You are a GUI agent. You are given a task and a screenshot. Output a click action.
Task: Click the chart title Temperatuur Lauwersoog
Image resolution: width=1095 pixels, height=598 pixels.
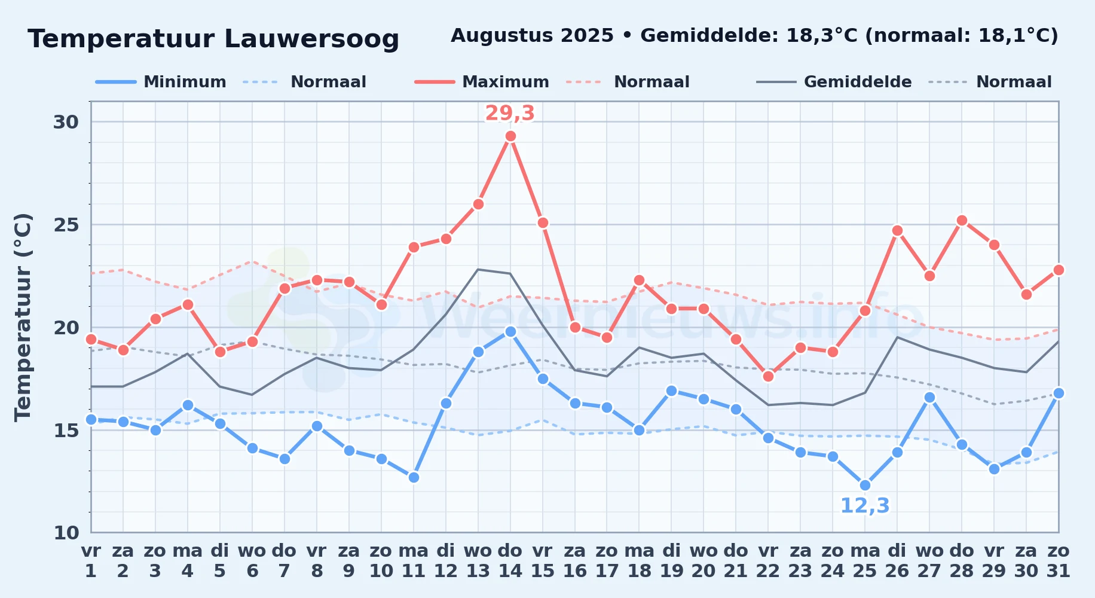click(213, 39)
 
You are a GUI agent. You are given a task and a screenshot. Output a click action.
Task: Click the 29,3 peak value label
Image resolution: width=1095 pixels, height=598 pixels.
click(510, 113)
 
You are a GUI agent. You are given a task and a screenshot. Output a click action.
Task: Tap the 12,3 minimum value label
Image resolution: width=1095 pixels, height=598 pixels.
click(865, 506)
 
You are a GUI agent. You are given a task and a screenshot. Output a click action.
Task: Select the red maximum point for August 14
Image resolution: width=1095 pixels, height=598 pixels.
click(510, 136)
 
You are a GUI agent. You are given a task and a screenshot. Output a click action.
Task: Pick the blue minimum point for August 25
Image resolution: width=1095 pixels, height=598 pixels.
click(865, 486)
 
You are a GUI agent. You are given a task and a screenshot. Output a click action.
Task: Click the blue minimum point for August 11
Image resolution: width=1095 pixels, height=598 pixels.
click(414, 477)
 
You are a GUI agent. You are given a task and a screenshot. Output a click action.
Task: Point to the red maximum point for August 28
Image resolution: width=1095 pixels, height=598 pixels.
click(962, 221)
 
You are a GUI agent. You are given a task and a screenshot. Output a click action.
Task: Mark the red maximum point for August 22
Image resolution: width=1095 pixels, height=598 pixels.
click(768, 376)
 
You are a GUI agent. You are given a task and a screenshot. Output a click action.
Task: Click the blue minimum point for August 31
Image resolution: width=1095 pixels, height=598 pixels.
click(1059, 393)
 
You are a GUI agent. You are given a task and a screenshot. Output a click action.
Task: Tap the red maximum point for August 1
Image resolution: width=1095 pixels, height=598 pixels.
click(91, 339)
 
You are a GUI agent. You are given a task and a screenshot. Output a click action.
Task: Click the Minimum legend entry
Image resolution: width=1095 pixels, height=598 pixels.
click(161, 82)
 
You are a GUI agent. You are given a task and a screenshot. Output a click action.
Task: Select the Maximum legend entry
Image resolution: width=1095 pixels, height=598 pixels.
click(482, 82)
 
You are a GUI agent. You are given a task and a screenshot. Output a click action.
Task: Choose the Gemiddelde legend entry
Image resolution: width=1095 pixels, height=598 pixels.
click(834, 82)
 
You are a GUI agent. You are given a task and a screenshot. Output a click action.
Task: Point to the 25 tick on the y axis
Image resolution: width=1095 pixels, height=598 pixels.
click(66, 225)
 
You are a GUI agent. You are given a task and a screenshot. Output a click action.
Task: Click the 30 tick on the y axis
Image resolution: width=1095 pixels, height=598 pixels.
click(66, 122)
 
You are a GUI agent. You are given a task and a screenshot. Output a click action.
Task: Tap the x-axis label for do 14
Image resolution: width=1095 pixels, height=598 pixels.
click(510, 561)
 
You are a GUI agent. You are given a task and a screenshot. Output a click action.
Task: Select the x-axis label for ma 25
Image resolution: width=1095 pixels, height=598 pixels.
click(865, 561)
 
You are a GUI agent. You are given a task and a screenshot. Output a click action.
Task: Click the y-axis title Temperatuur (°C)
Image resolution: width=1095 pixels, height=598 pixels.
click(23, 317)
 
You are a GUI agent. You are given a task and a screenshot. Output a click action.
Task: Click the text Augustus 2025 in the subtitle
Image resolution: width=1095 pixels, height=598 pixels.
click(532, 36)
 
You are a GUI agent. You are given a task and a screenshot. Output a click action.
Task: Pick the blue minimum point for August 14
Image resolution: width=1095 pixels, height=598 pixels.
click(510, 331)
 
